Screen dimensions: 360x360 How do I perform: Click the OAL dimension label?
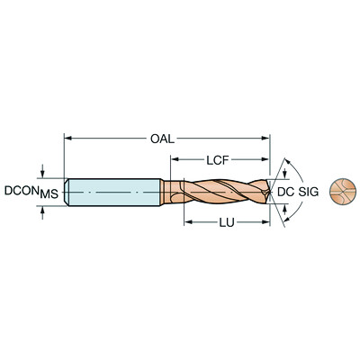point(161,139)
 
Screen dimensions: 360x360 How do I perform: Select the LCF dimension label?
point(216,162)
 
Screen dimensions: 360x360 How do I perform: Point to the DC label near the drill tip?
point(284,192)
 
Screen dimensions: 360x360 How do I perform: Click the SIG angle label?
point(309,192)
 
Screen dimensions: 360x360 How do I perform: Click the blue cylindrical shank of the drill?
point(112,192)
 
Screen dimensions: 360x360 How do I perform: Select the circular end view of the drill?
point(340,191)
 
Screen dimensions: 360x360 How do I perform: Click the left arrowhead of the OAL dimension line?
point(68,139)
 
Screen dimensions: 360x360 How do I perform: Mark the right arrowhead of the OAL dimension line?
point(265,139)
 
